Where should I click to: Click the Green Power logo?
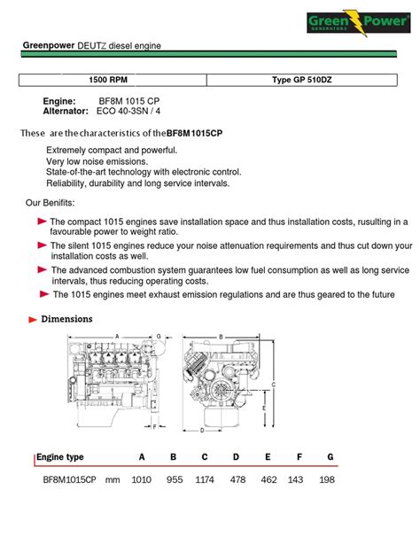(359, 22)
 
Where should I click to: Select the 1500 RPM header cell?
(113, 80)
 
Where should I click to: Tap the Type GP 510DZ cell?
(302, 80)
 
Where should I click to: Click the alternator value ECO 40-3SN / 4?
(128, 111)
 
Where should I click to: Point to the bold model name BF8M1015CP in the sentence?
(194, 133)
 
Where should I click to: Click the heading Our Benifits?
(50, 203)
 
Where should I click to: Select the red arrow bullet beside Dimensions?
(33, 320)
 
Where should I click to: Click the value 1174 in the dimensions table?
(205, 479)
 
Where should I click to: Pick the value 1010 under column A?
(142, 479)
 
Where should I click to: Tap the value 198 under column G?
(327, 479)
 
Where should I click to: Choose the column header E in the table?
(268, 457)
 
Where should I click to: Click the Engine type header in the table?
(60, 457)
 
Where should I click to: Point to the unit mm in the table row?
(113, 480)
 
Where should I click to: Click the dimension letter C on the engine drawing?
(274, 385)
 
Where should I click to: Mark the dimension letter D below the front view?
(202, 431)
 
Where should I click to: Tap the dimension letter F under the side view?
(154, 426)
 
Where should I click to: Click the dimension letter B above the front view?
(221, 337)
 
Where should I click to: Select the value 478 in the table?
(237, 479)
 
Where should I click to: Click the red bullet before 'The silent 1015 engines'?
(43, 245)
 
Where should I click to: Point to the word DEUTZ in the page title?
(92, 46)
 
